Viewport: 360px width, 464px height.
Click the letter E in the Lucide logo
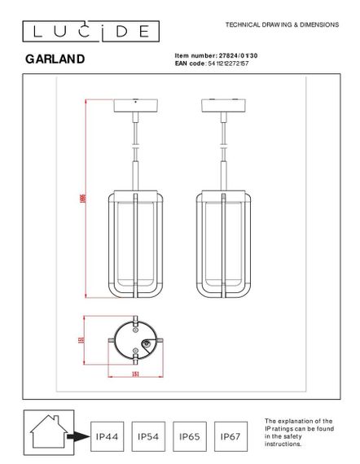pyautogui.click(x=143, y=31)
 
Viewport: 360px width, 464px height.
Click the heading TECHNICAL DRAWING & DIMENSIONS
pyautogui.click(x=281, y=25)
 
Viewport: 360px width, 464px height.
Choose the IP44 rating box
pyautogui.click(x=107, y=437)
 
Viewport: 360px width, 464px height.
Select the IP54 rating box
pyautogui.click(x=147, y=437)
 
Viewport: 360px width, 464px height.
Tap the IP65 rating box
pyautogui.click(x=189, y=437)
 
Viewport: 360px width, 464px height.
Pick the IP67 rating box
pyautogui.click(x=230, y=437)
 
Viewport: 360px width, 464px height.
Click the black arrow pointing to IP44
pyautogui.click(x=78, y=437)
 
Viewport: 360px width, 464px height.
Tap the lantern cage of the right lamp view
pyautogui.click(x=223, y=245)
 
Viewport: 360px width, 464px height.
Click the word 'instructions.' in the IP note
pyautogui.click(x=284, y=444)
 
